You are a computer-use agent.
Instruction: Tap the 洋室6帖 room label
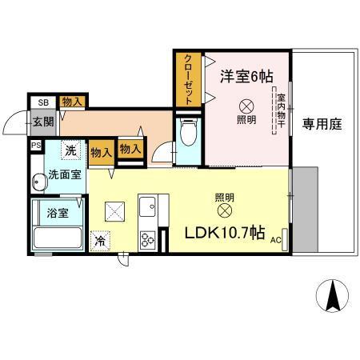click(x=246, y=77)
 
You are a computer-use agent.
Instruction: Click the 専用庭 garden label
click(x=322, y=124)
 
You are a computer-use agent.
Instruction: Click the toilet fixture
click(x=189, y=134)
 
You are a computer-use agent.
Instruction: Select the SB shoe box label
click(x=43, y=102)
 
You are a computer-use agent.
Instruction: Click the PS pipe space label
click(x=35, y=146)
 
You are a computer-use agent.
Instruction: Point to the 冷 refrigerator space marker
click(x=100, y=239)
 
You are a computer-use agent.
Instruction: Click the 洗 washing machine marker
click(x=71, y=150)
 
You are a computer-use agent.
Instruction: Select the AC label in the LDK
click(x=275, y=239)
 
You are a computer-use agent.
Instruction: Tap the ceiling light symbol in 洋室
click(x=247, y=104)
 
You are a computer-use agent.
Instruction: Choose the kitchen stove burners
click(x=148, y=238)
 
